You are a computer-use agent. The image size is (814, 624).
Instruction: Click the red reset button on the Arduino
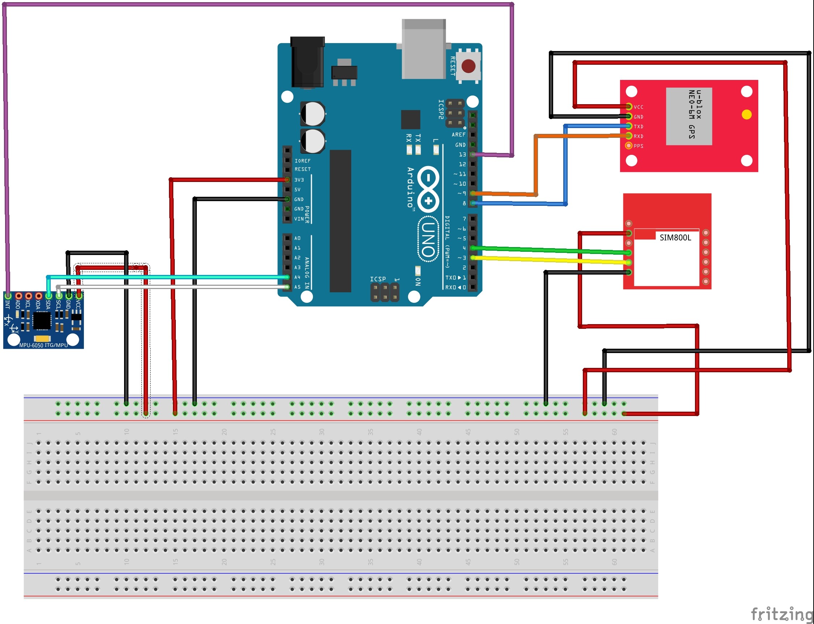click(x=468, y=67)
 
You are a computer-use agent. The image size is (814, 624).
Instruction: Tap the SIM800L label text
click(x=675, y=238)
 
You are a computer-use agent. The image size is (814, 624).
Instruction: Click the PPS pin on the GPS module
click(x=628, y=145)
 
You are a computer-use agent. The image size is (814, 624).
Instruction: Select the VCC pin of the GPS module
click(x=629, y=107)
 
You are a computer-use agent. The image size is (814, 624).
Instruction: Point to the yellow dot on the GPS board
click(x=746, y=114)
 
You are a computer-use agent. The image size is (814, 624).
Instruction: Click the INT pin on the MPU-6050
click(x=8, y=296)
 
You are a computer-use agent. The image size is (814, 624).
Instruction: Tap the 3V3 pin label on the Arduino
click(x=299, y=180)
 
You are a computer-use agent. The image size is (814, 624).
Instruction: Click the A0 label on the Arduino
click(x=297, y=238)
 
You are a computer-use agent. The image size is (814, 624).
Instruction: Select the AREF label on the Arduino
click(x=458, y=135)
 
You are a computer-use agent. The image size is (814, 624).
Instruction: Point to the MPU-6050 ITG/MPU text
click(x=43, y=345)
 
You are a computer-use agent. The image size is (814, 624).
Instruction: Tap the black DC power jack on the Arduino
click(x=307, y=62)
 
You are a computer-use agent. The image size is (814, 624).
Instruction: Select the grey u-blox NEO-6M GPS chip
click(x=689, y=116)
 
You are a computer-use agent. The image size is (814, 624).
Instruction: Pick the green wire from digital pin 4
click(x=550, y=250)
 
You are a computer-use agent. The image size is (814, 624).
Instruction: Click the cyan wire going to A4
click(x=167, y=277)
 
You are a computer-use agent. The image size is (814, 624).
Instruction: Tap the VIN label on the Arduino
click(x=299, y=219)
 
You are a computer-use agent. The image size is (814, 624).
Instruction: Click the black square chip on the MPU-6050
click(x=42, y=321)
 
